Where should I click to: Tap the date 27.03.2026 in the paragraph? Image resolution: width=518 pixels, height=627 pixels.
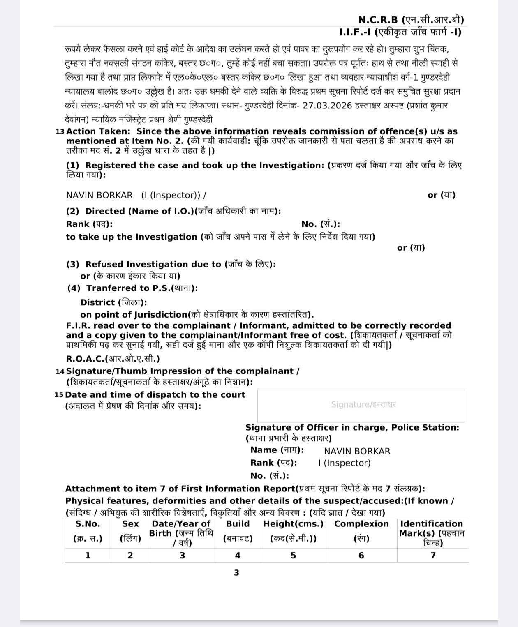click(327, 106)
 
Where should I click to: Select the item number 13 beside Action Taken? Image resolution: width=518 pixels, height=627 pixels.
click(60, 132)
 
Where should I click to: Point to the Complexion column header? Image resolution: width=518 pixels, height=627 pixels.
click(361, 524)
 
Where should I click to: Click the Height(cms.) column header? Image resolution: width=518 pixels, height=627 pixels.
click(293, 524)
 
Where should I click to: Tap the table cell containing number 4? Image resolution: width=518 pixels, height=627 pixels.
click(238, 556)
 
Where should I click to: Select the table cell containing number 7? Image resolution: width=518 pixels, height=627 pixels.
click(432, 556)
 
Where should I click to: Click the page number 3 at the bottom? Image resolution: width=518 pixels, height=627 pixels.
click(236, 573)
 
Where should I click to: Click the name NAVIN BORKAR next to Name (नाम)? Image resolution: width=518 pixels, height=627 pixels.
click(357, 451)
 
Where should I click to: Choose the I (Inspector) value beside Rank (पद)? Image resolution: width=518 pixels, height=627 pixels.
click(344, 463)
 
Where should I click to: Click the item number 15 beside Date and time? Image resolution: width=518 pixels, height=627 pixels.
click(59, 395)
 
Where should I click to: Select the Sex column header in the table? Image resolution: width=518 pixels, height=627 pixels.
click(130, 524)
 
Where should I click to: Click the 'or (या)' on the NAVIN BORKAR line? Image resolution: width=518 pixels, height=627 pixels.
click(441, 195)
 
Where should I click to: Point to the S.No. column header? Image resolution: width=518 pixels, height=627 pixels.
click(88, 524)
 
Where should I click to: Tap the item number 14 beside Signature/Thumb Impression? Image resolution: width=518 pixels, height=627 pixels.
click(60, 371)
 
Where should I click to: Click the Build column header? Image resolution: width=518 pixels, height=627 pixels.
click(238, 524)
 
